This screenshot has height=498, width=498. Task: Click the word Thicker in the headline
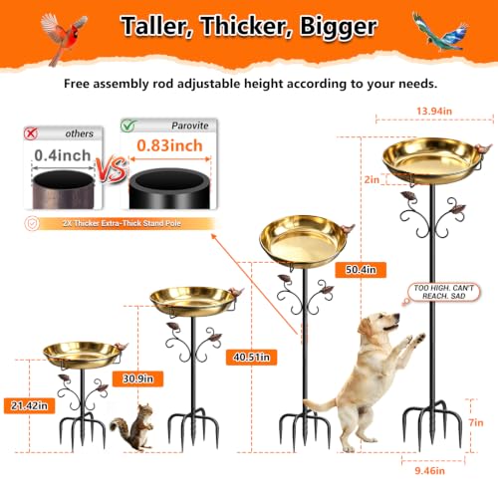[247, 27]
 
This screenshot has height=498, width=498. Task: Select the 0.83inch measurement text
[169, 145]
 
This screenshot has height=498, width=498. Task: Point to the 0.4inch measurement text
[63, 155]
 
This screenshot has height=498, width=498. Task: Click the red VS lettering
[112, 169]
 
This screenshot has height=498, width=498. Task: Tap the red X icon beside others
[31, 133]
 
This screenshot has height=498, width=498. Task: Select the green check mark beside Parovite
[128, 125]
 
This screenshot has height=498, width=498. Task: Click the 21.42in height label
[29, 405]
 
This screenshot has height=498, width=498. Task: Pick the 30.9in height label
[137, 378]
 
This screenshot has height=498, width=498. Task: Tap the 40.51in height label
[251, 358]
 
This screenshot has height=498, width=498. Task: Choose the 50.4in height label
[361, 270]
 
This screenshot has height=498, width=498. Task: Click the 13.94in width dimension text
[434, 111]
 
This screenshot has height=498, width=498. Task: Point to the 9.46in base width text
[429, 471]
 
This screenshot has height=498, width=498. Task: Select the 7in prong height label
[476, 422]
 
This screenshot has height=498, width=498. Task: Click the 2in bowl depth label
[372, 179]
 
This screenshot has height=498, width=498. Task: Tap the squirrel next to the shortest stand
[132, 427]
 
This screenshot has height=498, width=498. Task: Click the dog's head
[381, 323]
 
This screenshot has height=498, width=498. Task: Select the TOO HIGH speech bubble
[443, 292]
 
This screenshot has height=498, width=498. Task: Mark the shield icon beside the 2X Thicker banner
[32, 223]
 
